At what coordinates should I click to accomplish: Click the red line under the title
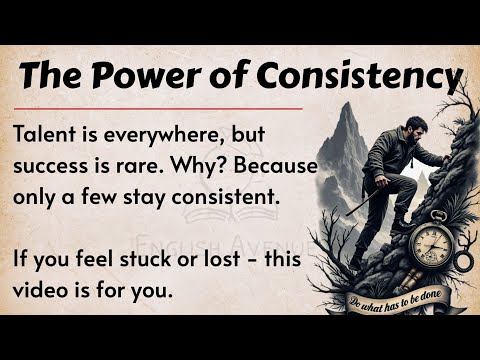tap(160, 106)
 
